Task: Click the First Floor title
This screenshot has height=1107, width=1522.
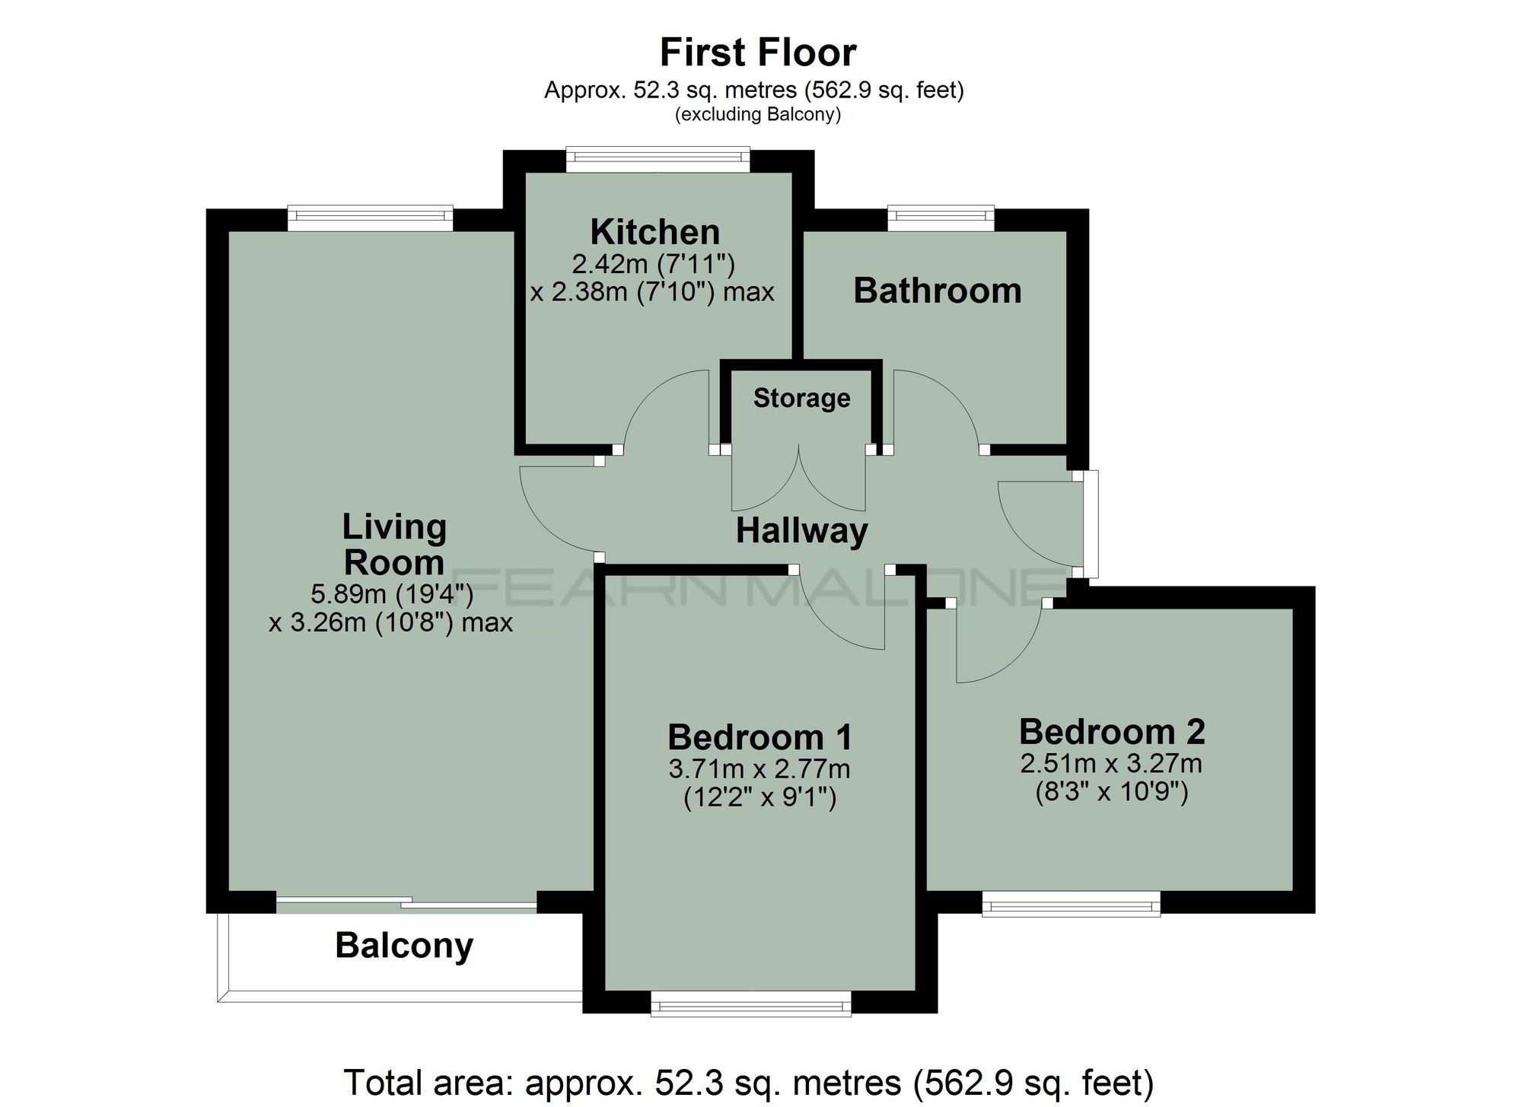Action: [x=758, y=52]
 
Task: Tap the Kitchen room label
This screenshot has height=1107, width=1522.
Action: [x=654, y=232]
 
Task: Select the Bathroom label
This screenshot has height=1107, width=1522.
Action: [x=937, y=291]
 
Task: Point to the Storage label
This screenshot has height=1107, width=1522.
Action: [x=801, y=398]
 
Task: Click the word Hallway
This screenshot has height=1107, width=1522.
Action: [x=801, y=531]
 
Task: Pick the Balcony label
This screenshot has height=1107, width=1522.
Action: [x=404, y=946]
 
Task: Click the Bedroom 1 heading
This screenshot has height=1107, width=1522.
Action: [x=759, y=737]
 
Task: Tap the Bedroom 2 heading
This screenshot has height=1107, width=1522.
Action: [x=1112, y=732]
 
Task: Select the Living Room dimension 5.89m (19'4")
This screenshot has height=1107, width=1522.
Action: [x=392, y=593]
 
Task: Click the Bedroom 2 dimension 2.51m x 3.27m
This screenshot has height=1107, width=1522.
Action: [x=1111, y=763]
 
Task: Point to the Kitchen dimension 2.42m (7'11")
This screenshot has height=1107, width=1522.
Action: [x=653, y=264]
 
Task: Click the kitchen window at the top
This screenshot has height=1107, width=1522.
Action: [x=658, y=158]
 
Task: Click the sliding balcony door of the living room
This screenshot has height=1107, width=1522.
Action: [x=406, y=904]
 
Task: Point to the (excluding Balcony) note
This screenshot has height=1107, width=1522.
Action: [x=758, y=115]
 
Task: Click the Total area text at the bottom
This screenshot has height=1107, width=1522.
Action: [x=749, y=1082]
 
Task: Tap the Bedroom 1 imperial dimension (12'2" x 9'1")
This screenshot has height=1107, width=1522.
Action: [x=759, y=798]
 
